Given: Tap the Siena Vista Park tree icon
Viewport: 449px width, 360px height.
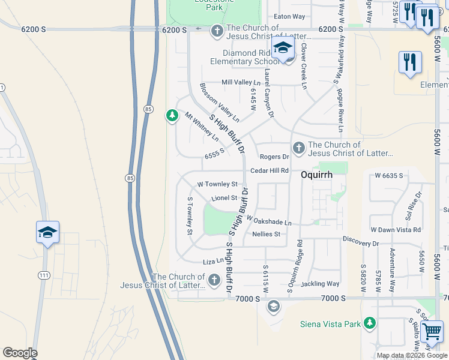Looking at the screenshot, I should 370,323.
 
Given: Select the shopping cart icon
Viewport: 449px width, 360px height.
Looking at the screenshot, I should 431,331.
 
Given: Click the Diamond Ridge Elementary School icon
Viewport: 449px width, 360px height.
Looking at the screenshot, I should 283,49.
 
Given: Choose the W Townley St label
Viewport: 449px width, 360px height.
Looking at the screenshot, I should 217,184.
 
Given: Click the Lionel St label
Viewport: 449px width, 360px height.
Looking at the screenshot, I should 225,197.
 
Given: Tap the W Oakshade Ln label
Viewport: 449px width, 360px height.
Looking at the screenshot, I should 268,221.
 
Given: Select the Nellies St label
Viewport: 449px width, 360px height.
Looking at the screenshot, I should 267,234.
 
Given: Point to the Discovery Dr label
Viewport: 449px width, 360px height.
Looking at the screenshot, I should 361,243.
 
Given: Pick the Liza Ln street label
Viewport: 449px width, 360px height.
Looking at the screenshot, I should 213,261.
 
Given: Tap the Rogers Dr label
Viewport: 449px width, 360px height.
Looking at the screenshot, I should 274,157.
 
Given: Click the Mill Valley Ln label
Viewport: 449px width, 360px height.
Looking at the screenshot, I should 241,82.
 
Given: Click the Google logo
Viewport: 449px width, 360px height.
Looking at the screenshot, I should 20,353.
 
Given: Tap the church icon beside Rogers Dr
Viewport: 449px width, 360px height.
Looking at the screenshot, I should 298,148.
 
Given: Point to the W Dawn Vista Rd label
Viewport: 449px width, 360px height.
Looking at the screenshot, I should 396,230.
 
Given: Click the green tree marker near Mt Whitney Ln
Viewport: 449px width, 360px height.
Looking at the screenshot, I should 172,115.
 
